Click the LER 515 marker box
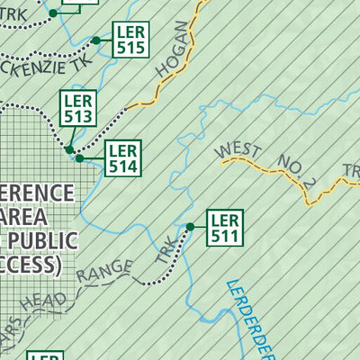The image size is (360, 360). [130, 41]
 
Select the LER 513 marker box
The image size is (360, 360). [77, 108]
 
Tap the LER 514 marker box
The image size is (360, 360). [122, 158]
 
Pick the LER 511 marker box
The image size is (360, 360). [224, 228]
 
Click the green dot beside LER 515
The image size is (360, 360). [96, 40]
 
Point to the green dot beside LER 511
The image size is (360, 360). [190, 227]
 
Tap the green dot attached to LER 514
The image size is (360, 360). [79, 158]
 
